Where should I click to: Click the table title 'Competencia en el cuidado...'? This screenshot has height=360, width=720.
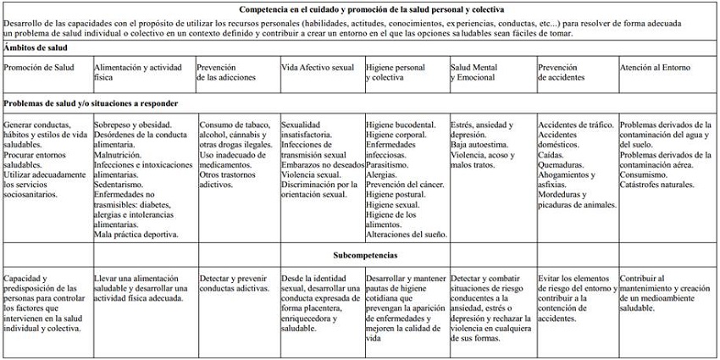click(x=359, y=8)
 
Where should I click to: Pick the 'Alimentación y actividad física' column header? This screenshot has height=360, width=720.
click(x=141, y=72)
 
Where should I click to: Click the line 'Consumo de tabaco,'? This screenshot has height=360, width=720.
click(x=233, y=125)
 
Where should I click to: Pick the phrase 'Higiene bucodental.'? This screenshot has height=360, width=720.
click(x=401, y=125)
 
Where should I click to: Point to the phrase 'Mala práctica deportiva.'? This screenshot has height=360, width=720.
click(x=136, y=234)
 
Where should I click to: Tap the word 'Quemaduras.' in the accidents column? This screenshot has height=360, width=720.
click(x=563, y=165)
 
